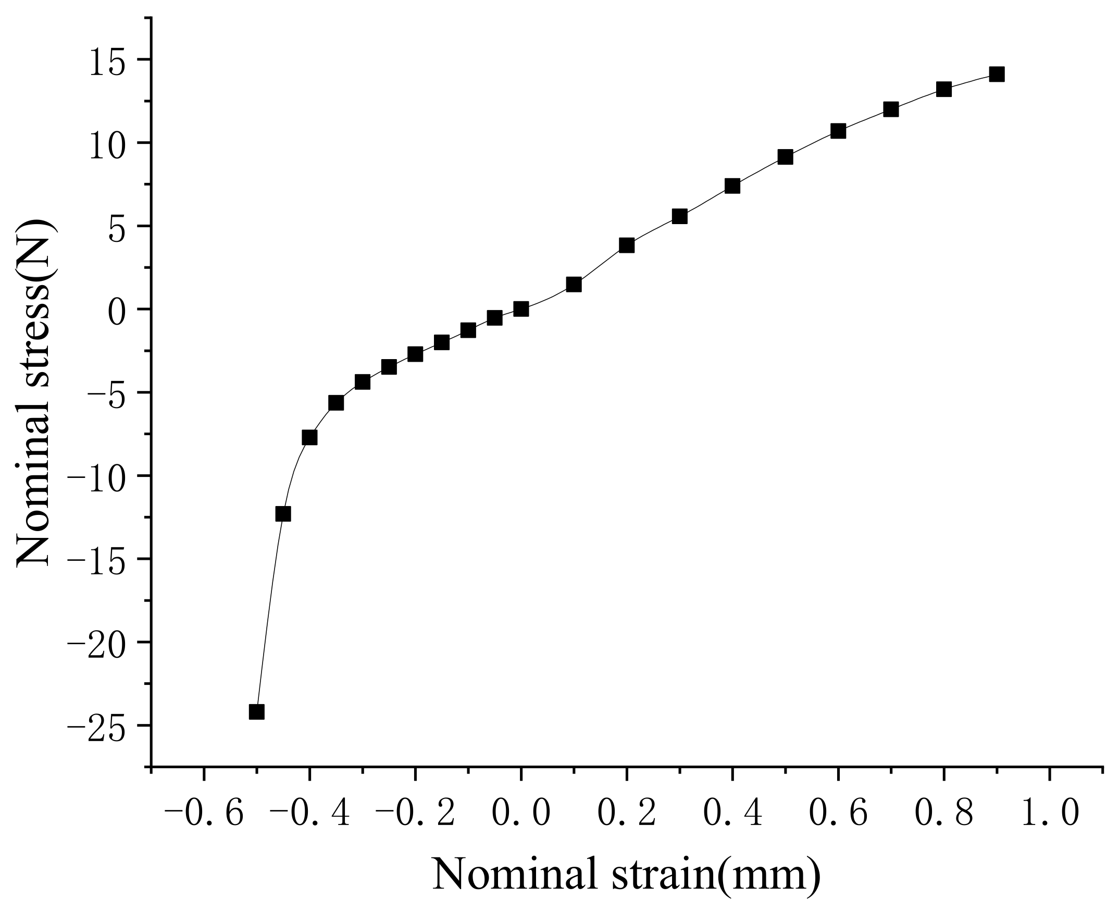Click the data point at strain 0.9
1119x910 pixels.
tap(997, 75)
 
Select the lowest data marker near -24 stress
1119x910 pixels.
tap(256, 712)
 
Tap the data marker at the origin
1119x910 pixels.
tap(521, 309)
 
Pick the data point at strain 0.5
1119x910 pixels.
tap(785, 157)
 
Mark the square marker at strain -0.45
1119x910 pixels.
tap(283, 514)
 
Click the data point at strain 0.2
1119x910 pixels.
tap(627, 245)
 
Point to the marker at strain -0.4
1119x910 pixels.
tap(309, 438)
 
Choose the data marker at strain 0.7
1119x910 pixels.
tap(891, 109)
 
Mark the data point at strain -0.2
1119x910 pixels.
tap(415, 354)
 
